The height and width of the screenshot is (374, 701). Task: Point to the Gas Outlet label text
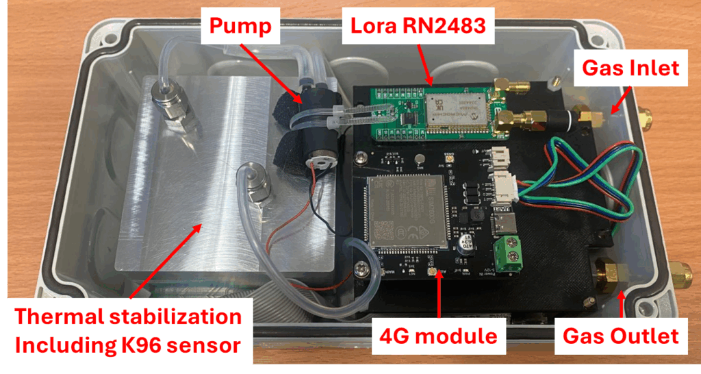coord(620,336)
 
